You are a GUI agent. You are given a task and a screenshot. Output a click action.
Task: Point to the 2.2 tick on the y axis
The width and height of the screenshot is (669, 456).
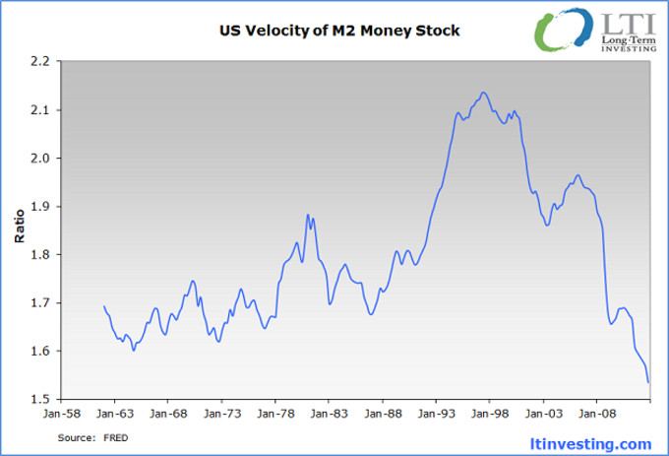point(39,61)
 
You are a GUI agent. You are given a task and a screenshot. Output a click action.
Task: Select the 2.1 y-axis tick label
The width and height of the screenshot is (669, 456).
point(39,109)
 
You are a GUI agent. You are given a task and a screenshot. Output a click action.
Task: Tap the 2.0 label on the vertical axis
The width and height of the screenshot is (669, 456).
point(39,158)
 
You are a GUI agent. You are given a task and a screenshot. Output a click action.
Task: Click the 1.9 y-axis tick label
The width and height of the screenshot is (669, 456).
point(39,206)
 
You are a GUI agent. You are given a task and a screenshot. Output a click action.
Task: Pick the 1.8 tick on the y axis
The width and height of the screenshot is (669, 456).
point(39,254)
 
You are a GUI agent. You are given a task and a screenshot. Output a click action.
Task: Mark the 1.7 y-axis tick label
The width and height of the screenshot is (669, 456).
point(39,302)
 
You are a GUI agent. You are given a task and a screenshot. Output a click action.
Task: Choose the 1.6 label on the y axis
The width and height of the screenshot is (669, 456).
point(39,351)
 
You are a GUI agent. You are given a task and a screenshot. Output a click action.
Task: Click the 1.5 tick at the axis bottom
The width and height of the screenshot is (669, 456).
point(39,399)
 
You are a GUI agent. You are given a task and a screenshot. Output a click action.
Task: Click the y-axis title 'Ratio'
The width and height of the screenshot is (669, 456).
point(20,228)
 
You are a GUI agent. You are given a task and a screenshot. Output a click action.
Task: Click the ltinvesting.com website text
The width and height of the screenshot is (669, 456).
point(596,442)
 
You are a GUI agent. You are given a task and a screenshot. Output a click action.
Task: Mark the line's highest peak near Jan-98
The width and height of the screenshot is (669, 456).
point(483,93)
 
